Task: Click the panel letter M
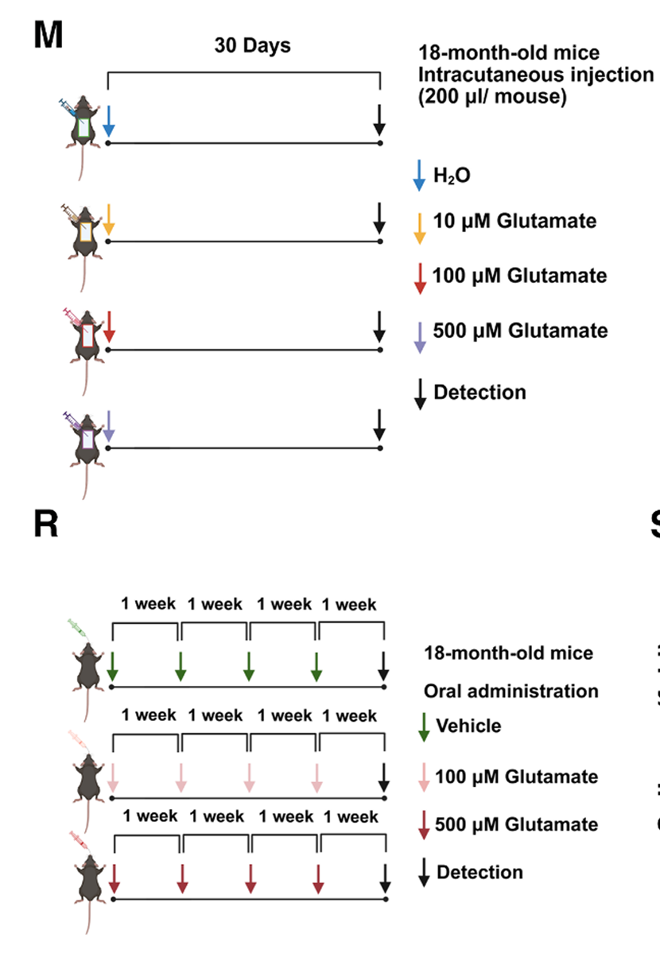click(49, 35)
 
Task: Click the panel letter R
click(46, 524)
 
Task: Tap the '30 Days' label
click(252, 46)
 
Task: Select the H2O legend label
click(452, 175)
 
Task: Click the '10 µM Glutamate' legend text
click(514, 221)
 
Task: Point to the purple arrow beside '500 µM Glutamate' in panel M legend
click(420, 338)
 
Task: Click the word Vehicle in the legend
click(468, 726)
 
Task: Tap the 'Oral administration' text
click(511, 692)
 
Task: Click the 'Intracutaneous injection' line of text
click(536, 75)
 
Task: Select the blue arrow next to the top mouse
click(109, 122)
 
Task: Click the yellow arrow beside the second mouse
click(109, 219)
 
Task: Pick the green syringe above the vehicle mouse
click(77, 629)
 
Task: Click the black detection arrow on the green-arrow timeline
click(383, 666)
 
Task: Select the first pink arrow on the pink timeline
click(112, 777)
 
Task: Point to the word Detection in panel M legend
click(479, 392)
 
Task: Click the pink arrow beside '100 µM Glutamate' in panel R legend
click(424, 777)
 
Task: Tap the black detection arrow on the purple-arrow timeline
click(379, 425)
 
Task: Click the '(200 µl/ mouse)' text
click(492, 96)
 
